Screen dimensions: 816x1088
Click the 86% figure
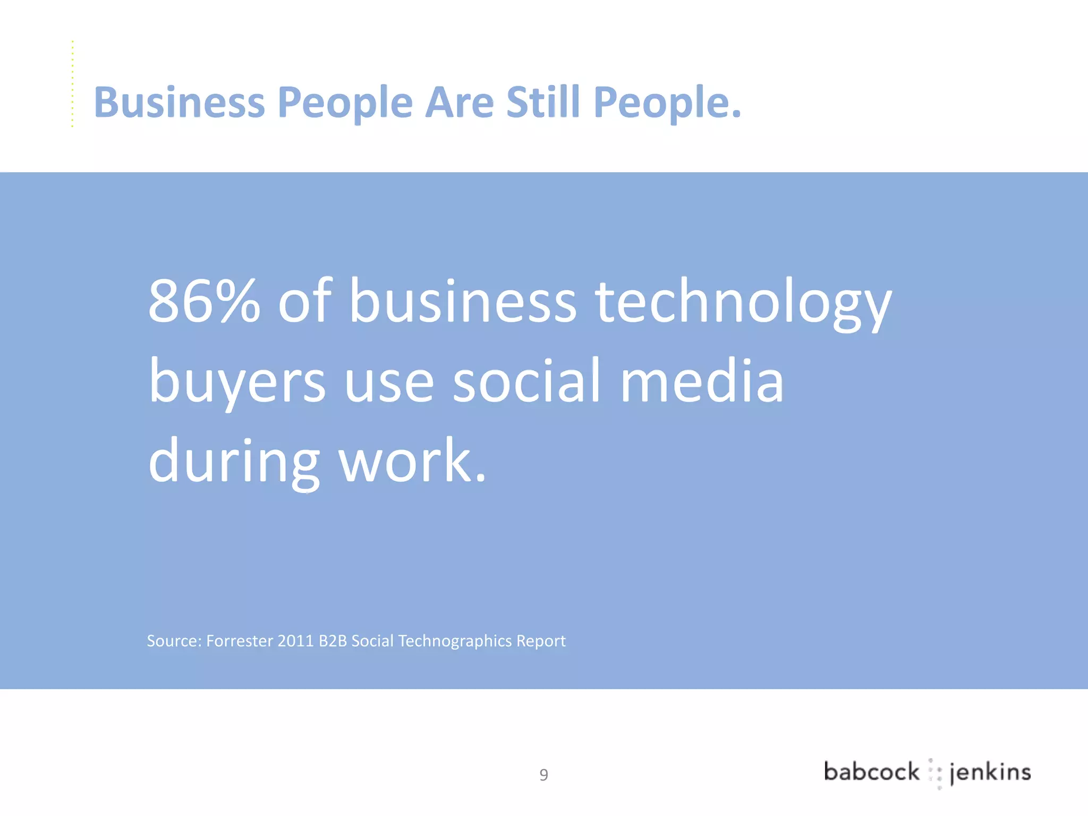click(x=204, y=301)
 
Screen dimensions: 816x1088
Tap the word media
click(x=702, y=381)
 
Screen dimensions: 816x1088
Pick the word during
click(x=234, y=461)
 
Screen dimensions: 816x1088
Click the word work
click(x=412, y=460)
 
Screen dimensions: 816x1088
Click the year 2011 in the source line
click(x=295, y=641)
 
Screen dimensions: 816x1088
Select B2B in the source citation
click(x=333, y=641)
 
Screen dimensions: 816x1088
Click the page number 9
click(x=543, y=775)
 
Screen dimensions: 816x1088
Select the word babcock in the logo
click(x=871, y=772)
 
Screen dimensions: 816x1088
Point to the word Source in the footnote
click(x=173, y=641)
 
